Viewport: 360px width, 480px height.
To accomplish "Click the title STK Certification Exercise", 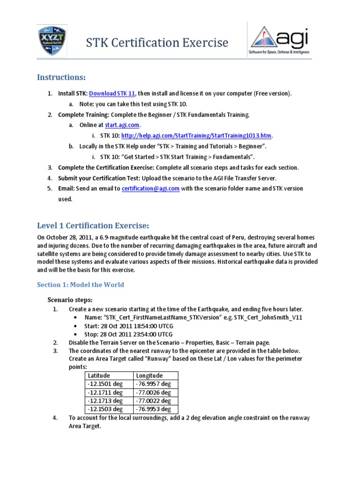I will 157,43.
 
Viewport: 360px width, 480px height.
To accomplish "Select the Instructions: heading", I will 62,77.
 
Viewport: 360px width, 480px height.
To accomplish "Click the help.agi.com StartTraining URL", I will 196,136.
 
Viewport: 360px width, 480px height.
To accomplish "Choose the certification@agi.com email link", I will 150,188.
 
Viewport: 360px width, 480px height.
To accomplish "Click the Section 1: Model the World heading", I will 81,285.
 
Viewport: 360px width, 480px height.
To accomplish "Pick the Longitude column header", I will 150,375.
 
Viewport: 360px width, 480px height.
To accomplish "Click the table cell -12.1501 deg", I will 105,384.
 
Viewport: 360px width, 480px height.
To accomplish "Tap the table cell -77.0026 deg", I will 153,392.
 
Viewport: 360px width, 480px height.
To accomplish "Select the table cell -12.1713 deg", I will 105,401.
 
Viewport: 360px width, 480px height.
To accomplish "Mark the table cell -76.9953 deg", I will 153,409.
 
